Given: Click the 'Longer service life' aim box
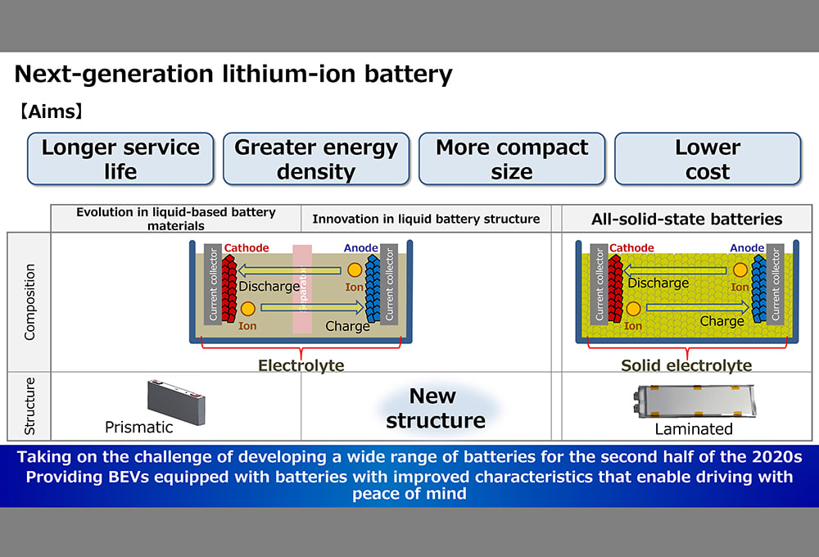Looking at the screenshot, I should tap(120, 159).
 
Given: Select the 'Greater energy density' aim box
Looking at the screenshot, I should tap(315, 159).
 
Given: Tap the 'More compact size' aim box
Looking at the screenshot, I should tap(511, 159).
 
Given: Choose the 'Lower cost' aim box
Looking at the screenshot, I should tap(707, 159).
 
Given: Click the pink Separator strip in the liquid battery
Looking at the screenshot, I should tap(301, 288).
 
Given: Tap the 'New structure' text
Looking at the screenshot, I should tap(435, 408).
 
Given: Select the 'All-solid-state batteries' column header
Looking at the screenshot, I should tap(686, 219).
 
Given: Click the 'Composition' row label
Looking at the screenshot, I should tap(30, 301).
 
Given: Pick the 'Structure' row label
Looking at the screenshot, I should tap(30, 406).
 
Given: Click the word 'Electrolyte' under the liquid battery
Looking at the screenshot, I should tap(301, 365).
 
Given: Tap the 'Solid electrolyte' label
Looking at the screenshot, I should tap(686, 365).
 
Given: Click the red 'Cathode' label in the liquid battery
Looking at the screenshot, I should tap(246, 247).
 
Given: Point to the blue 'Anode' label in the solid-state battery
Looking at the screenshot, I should tap(747, 247).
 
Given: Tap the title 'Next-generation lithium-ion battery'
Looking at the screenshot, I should tap(233, 75).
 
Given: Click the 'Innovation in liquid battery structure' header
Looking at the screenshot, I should tap(426, 219).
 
